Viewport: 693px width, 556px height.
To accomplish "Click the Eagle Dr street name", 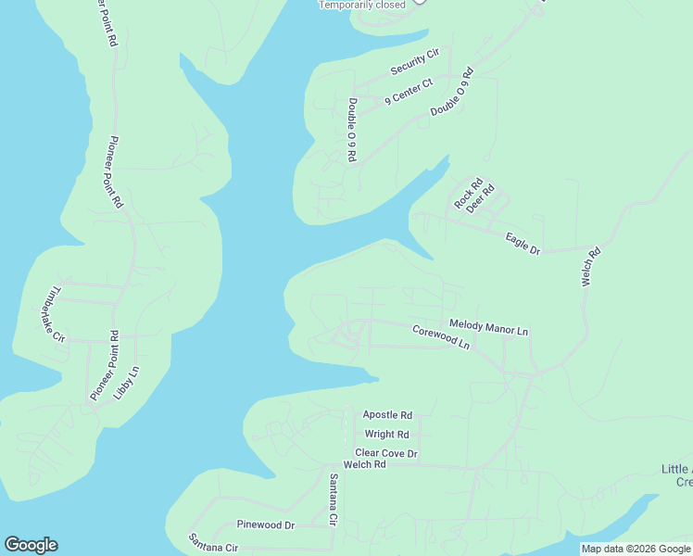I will point(523,244).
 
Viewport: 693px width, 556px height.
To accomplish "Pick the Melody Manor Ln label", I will point(488,327).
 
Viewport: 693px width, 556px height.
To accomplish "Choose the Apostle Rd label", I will point(387,415).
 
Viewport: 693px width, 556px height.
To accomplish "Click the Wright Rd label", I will point(387,434).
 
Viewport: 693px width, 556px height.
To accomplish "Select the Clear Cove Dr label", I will point(387,453).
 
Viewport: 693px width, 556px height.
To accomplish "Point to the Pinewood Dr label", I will point(265,524).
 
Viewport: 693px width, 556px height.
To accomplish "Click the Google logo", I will point(31,545).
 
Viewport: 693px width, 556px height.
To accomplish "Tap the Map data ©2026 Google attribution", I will point(636,549).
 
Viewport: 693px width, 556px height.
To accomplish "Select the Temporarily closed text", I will point(362,5).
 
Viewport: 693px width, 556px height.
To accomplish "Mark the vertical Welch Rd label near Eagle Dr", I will point(589,266).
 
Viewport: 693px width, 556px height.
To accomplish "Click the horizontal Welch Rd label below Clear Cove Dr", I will point(364,464).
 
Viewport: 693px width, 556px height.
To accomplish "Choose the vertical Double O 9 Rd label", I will point(352,130).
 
